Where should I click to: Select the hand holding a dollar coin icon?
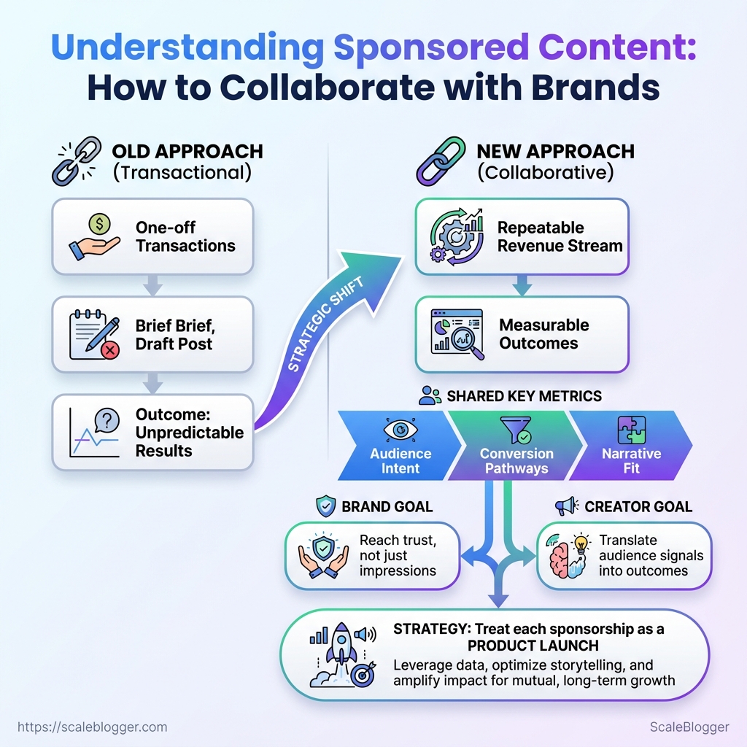[x=96, y=236]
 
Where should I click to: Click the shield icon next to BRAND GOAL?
[x=325, y=506]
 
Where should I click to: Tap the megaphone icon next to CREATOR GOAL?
[x=566, y=506]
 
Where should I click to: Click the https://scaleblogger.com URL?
[x=92, y=727]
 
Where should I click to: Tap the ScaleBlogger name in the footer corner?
[x=689, y=727]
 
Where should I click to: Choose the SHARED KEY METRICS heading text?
[x=524, y=396]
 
